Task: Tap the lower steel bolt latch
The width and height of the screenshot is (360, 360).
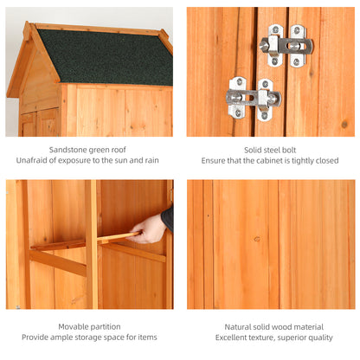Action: click(x=254, y=98)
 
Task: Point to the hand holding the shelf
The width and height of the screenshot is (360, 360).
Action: click(x=150, y=228)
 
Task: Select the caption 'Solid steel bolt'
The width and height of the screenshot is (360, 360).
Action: click(x=270, y=149)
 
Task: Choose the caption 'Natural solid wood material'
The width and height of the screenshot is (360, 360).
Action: click(x=270, y=325)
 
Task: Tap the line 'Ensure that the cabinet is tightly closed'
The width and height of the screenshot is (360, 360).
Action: click(x=270, y=160)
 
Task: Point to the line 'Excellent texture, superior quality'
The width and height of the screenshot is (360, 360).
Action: click(x=270, y=337)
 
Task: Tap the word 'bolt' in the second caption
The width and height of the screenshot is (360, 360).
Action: click(x=292, y=149)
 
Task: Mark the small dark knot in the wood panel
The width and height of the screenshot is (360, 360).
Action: click(x=256, y=239)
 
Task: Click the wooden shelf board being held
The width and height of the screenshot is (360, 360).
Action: click(x=117, y=236)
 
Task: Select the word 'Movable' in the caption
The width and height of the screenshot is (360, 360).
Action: click(x=74, y=325)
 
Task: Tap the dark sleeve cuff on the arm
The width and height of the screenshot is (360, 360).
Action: click(x=167, y=218)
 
